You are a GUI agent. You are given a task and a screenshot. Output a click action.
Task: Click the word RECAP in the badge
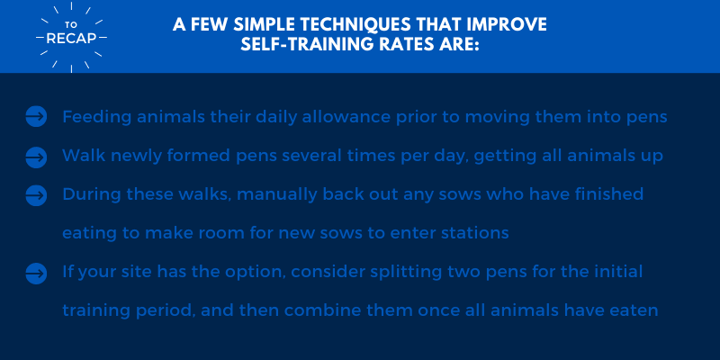[71, 39]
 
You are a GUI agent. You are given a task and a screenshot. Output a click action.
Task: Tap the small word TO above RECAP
[71, 25]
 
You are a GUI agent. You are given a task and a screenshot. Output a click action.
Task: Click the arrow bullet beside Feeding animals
[36, 117]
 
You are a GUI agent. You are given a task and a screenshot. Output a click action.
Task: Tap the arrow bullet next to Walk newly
[36, 157]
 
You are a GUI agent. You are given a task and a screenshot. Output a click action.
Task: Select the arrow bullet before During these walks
[36, 195]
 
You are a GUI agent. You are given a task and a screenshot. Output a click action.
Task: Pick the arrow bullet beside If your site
[36, 274]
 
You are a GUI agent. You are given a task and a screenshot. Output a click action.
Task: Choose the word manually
[277, 195]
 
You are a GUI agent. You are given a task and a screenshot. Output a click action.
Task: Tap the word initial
[617, 272]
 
